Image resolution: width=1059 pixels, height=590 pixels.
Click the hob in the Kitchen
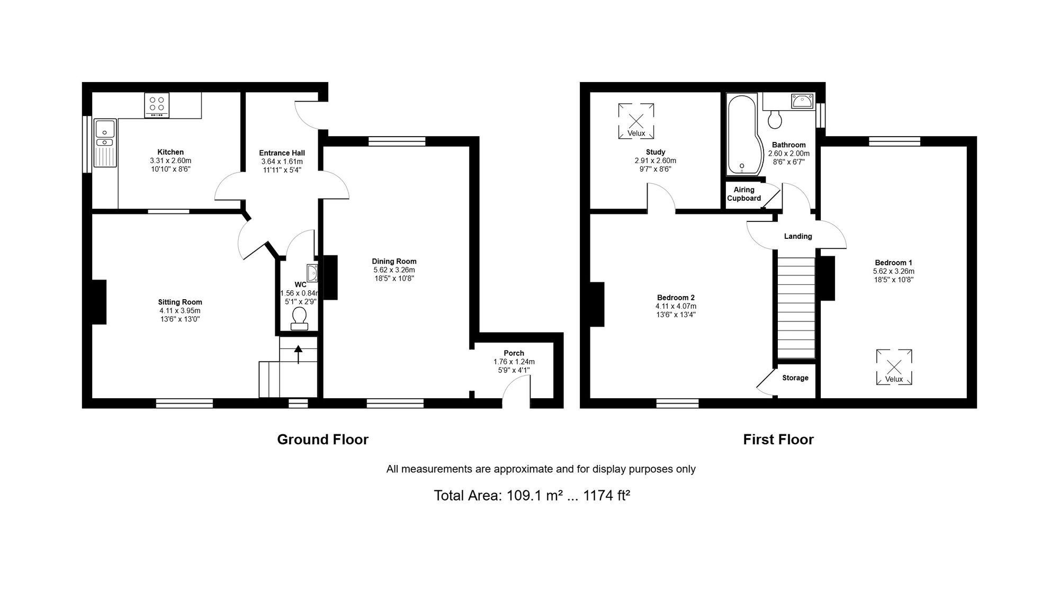(157, 105)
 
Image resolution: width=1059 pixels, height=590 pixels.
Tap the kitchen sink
(105, 143)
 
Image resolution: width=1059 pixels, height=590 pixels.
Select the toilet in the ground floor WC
(299, 318)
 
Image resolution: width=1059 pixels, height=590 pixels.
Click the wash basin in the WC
(312, 272)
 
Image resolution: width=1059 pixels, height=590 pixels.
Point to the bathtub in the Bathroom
(743, 135)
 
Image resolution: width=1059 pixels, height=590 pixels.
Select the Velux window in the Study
(636, 121)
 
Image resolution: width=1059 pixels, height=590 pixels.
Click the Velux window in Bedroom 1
(894, 366)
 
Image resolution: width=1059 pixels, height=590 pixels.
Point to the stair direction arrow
(298, 354)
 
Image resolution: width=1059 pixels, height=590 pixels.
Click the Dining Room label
(394, 261)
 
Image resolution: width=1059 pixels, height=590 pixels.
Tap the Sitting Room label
(180, 302)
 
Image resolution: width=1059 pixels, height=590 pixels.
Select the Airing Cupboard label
(744, 194)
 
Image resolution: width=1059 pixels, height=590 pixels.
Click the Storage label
(795, 378)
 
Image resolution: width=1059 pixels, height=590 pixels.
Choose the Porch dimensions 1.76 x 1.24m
(514, 362)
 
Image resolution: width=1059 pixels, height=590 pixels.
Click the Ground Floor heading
(322, 440)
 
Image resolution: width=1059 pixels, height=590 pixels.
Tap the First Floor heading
(778, 440)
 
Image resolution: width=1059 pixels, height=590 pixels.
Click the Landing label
(798, 236)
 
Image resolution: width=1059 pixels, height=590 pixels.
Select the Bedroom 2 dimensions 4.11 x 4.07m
(676, 306)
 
